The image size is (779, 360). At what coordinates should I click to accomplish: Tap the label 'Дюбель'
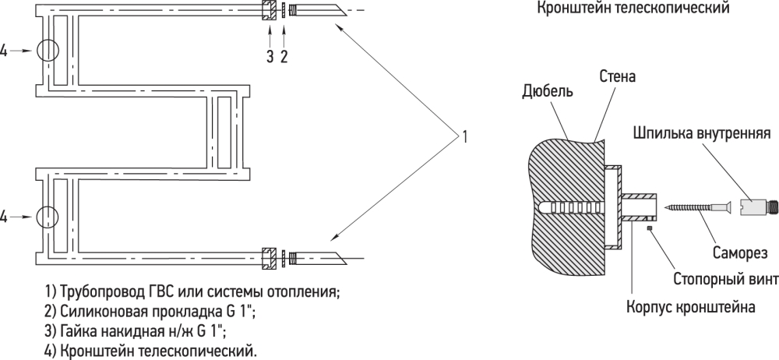pyautogui.click(x=549, y=91)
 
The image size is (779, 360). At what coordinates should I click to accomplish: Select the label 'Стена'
pyautogui.click(x=618, y=77)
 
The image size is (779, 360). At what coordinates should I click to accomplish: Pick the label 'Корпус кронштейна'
pyautogui.click(x=691, y=306)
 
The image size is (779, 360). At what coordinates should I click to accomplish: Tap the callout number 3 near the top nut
pyautogui.click(x=270, y=56)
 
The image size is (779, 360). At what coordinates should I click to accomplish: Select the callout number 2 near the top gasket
pyautogui.click(x=284, y=56)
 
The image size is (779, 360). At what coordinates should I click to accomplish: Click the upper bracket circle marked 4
pyautogui.click(x=48, y=51)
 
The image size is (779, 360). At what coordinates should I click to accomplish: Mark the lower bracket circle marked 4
pyautogui.click(x=48, y=215)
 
